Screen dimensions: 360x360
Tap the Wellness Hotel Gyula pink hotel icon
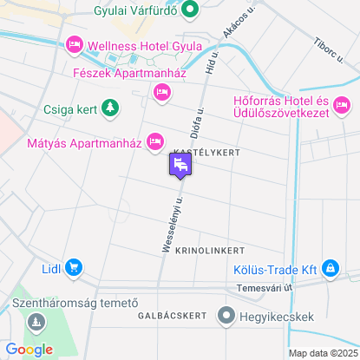point(75,43)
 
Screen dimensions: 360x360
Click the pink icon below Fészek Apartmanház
point(160,91)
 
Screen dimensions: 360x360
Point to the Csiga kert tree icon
point(110,108)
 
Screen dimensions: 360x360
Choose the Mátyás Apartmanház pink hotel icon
point(155,140)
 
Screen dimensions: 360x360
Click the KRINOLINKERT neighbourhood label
point(209,250)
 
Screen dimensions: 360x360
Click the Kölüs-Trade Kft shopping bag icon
point(330,268)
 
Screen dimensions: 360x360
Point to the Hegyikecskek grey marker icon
point(227,316)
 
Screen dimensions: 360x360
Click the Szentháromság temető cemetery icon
point(36,324)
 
